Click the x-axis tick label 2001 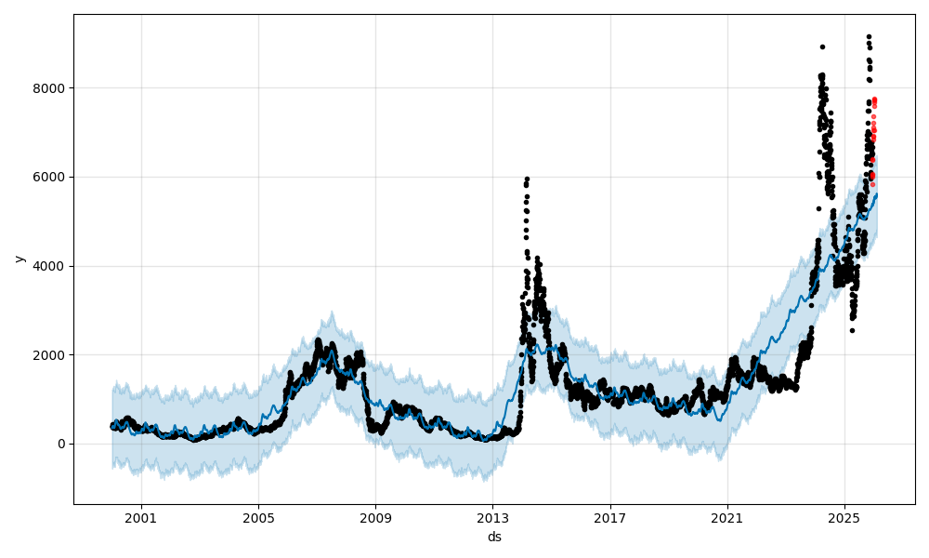pos(141,518)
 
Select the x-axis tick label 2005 pos(258,518)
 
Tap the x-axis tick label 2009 pos(375,518)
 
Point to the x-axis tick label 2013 pos(492,518)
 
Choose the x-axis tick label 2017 pos(610,518)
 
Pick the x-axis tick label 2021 pos(727,518)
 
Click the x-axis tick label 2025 pos(844,518)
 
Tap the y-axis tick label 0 pos(62,444)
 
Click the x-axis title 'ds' pos(494,537)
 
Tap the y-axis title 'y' pos(18,259)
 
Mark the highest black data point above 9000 pos(869,36)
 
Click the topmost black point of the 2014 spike pos(527,179)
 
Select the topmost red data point pos(874,100)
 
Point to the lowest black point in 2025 pos(852,330)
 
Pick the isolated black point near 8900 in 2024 pos(822,46)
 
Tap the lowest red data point pos(872,184)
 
